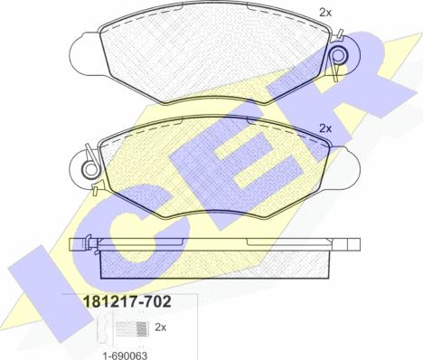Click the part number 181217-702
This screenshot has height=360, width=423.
[x=127, y=301]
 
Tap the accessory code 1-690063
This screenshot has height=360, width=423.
[x=125, y=355]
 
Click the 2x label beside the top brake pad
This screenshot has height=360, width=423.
[x=325, y=13]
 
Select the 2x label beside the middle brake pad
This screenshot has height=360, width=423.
[x=325, y=129]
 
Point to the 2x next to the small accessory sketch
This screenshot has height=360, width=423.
[x=161, y=327]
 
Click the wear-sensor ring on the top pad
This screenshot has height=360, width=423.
[x=339, y=56]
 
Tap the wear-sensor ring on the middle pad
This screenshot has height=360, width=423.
[x=89, y=170]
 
